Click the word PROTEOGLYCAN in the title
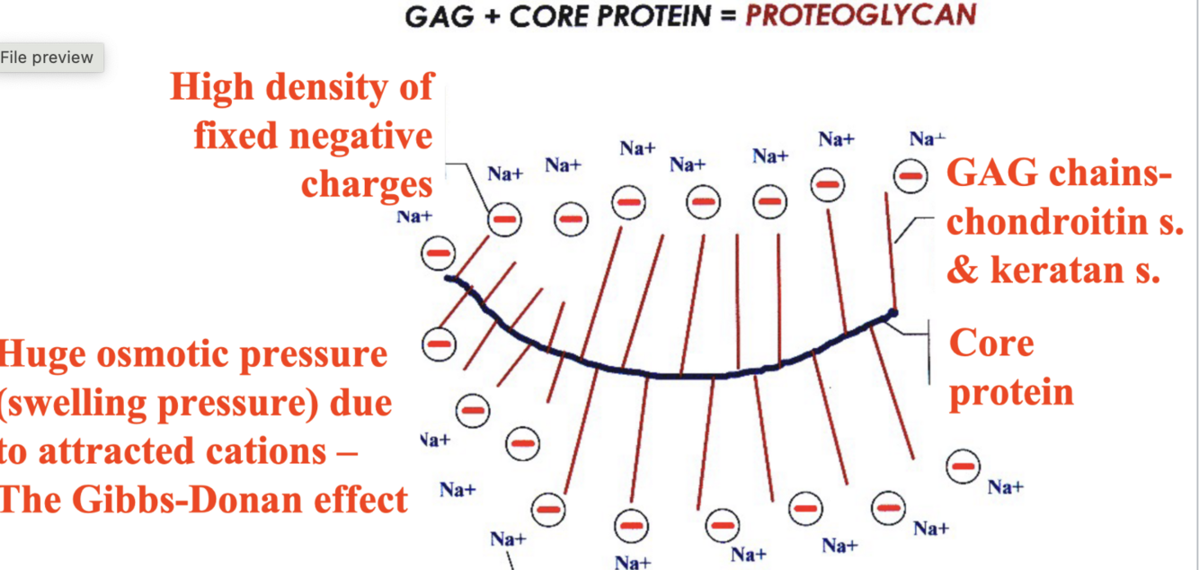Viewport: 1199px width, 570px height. pyautogui.click(x=860, y=15)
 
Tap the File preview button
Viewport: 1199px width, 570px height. pyautogui.click(x=47, y=58)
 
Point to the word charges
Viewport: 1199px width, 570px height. pyautogui.click(x=367, y=184)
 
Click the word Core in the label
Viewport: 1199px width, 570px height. pyautogui.click(x=991, y=343)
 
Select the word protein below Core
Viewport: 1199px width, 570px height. pyautogui.click(x=1011, y=392)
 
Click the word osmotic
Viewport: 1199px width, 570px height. pyautogui.click(x=160, y=354)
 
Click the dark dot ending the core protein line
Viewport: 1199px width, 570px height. pyautogui.click(x=893, y=313)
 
